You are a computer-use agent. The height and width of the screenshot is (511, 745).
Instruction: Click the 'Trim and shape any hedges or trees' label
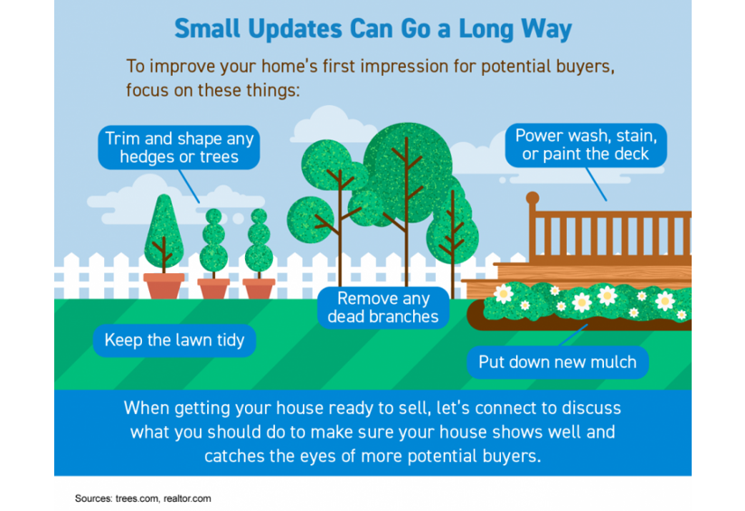179,147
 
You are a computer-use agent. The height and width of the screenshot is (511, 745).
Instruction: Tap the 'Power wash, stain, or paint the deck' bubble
586,145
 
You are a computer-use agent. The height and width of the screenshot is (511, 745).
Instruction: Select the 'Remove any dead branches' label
383,308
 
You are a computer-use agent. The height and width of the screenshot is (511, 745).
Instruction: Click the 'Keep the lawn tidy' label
174,340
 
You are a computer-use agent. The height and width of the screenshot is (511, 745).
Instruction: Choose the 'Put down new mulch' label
557,362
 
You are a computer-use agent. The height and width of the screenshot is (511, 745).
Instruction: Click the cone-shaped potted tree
164,233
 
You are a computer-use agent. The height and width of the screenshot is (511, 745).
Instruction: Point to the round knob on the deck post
533,197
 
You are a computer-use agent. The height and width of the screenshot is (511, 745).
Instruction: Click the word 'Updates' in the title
295,29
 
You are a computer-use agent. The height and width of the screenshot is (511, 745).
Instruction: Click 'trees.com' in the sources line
137,498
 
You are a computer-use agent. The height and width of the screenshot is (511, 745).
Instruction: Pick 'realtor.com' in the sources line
187,498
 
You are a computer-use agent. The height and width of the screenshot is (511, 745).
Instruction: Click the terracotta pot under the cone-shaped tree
164,286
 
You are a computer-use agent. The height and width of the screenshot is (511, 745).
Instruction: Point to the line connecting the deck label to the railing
597,185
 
